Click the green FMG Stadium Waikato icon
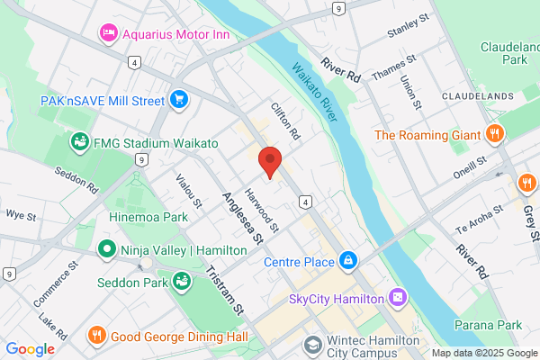tap(79, 142)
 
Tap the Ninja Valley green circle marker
tap(106, 248)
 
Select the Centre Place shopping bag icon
tap(348, 262)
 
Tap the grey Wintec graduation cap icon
tap(313, 345)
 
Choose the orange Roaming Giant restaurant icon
tap(493, 136)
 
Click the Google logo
tap(30, 349)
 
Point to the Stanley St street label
tap(404, 34)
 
